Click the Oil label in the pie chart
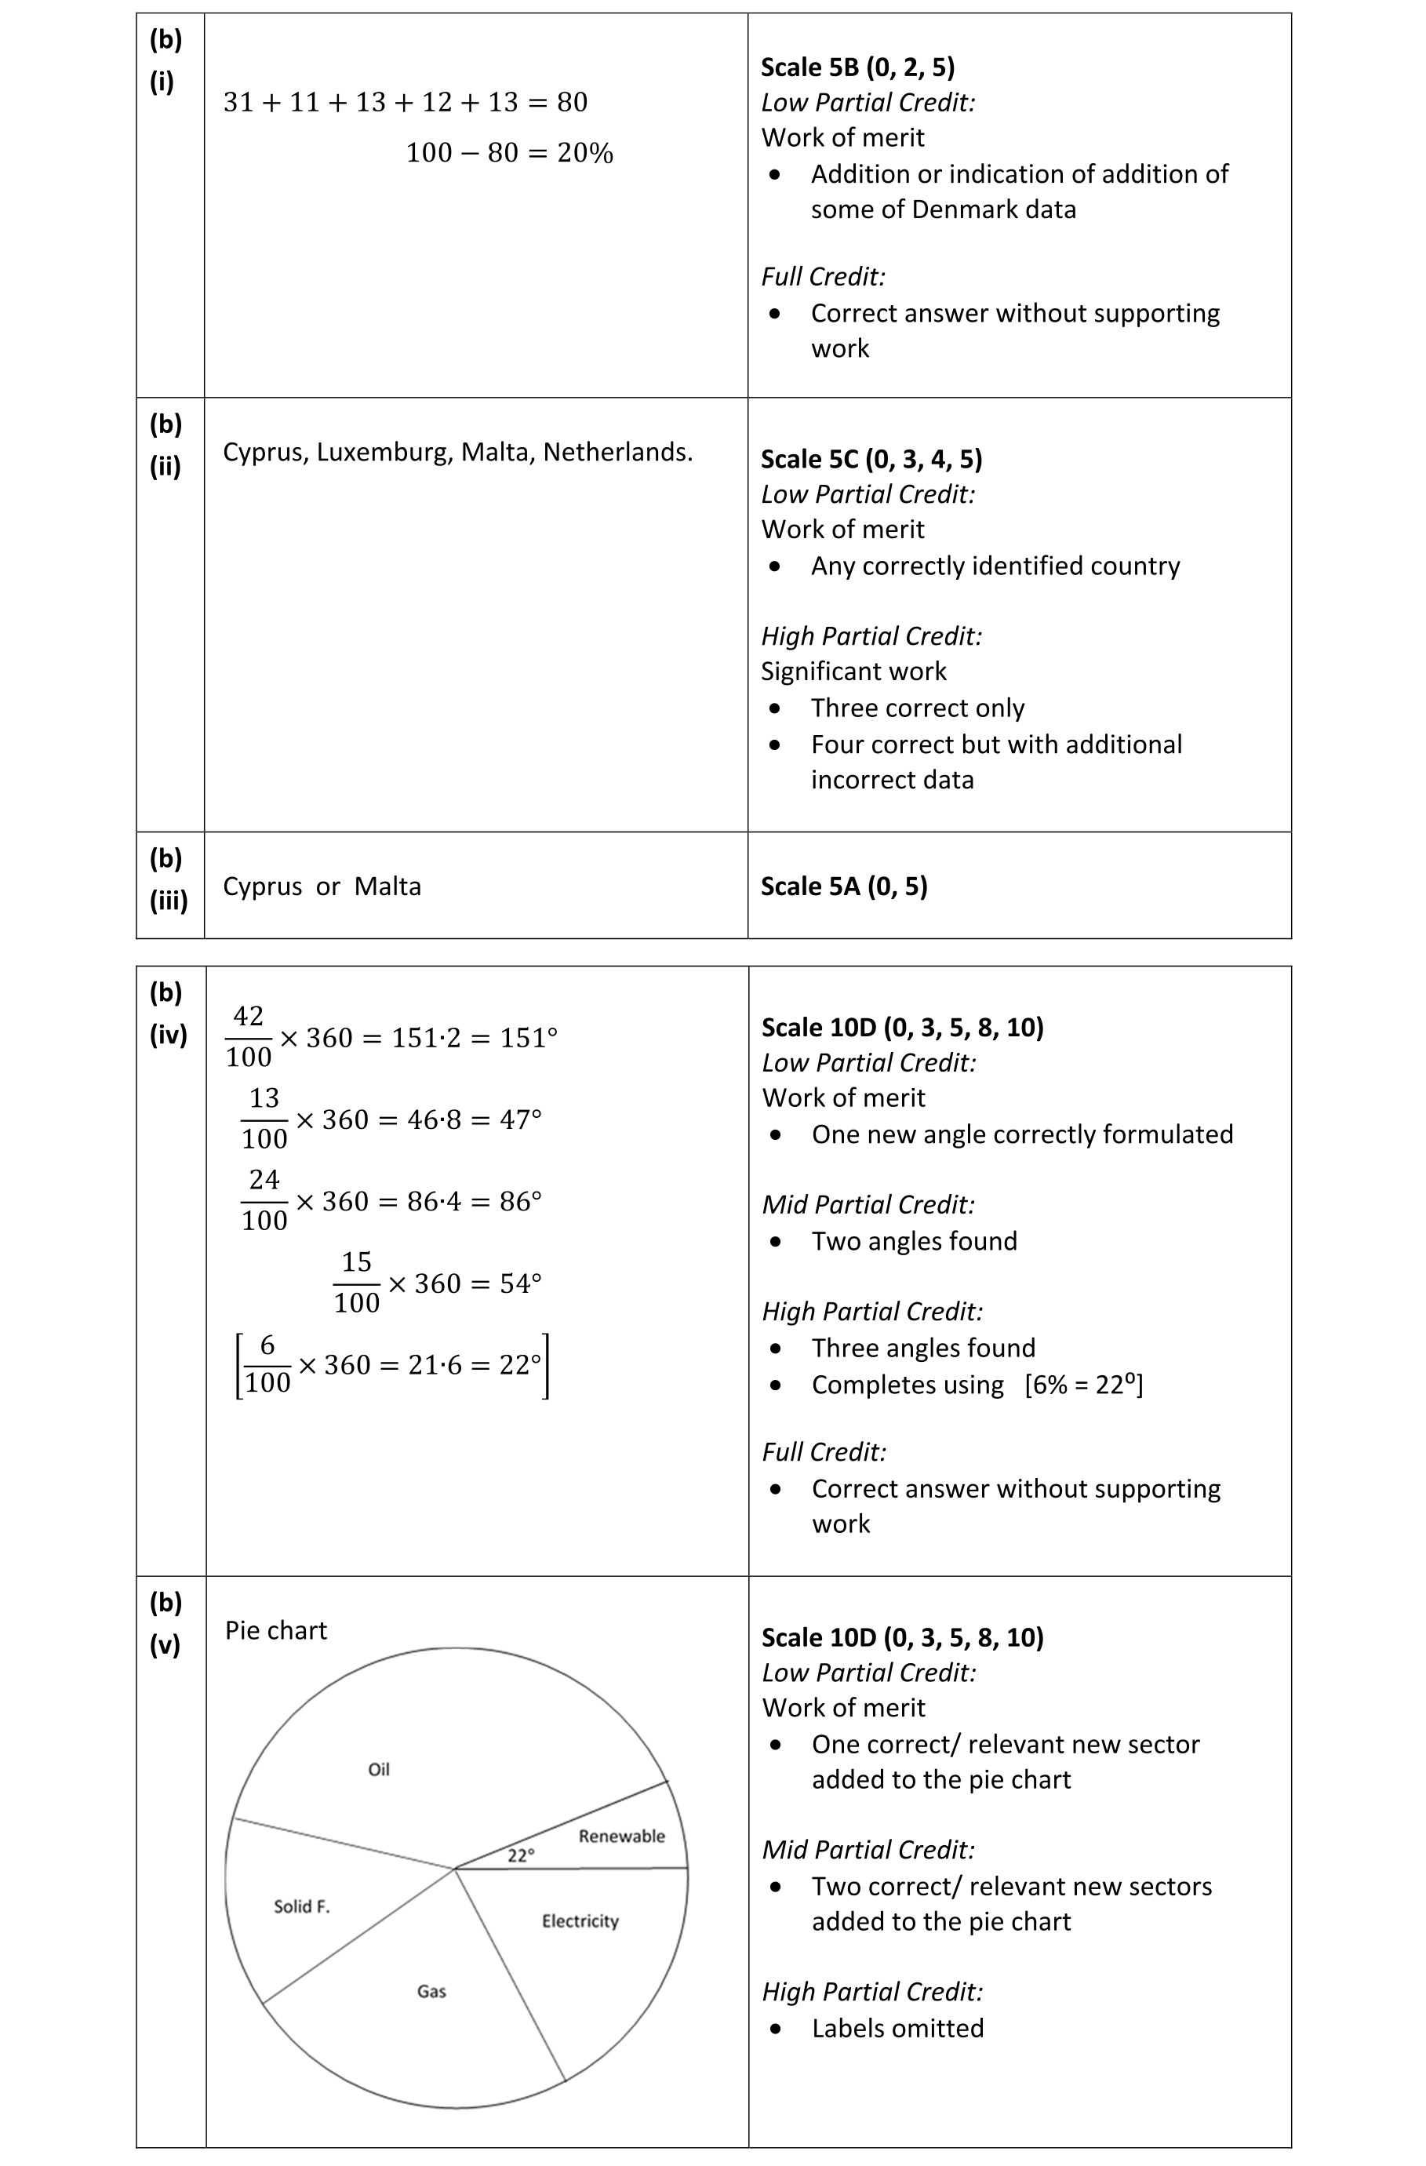tap(379, 1769)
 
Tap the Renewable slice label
tap(621, 1836)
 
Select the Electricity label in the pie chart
tap(580, 1921)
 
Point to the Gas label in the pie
tap(431, 1991)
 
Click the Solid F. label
tap(301, 1906)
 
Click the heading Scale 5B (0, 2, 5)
tap(857, 67)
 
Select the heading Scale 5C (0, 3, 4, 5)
tap(871, 459)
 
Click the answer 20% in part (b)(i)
tap(585, 153)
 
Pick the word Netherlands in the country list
tap(617, 453)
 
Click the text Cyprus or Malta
tap(322, 886)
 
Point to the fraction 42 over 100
tap(249, 1036)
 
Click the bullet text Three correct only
tap(917, 708)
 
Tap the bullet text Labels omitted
tap(897, 2028)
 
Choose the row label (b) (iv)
tap(169, 1014)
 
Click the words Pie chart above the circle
tap(276, 1630)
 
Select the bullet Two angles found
tap(914, 1241)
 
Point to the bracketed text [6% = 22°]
tap(1083, 1384)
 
